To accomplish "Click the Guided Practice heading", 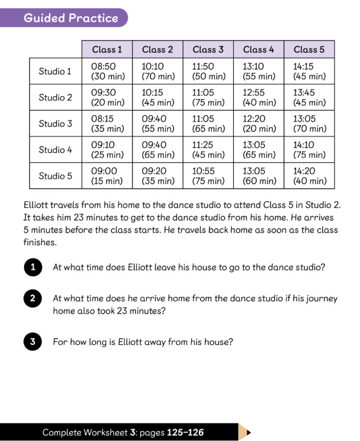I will click(x=71, y=18).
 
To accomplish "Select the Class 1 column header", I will click(x=107, y=50).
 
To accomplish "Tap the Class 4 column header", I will click(x=258, y=50).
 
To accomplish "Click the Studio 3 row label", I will click(x=55, y=123).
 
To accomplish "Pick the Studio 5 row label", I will click(x=55, y=175).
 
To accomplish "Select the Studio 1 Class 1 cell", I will click(x=107, y=71).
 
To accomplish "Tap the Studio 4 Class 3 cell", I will click(x=208, y=149).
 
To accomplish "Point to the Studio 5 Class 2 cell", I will click(x=158, y=175).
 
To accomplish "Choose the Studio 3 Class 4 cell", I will click(x=258, y=123).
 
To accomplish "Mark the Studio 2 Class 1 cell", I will click(x=107, y=97).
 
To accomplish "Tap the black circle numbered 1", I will click(x=33, y=267).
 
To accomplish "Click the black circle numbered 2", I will click(x=33, y=299).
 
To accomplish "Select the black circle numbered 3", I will click(x=33, y=342).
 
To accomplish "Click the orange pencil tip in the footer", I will click(x=244, y=432).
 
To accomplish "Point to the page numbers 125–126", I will click(x=185, y=433).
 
